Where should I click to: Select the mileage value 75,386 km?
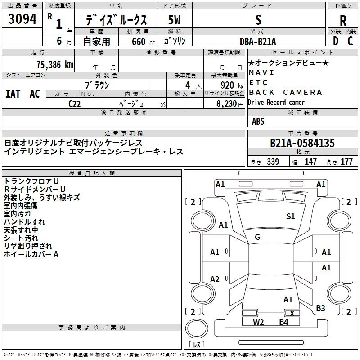[x=54, y=64]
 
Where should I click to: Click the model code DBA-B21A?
[x=258, y=41]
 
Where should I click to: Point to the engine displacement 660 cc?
[x=135, y=41]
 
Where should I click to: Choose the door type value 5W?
[x=175, y=20]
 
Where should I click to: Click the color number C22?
[x=75, y=103]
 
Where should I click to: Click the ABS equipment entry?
[x=258, y=121]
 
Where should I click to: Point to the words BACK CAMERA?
[x=285, y=92]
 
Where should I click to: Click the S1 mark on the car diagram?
[x=291, y=216]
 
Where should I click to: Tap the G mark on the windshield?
[x=257, y=237]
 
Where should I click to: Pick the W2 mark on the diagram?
[x=258, y=322]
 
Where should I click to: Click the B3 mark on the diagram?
[x=320, y=308]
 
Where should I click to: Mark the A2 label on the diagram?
[x=215, y=279]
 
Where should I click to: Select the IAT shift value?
[x=13, y=94]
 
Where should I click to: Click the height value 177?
[x=347, y=162]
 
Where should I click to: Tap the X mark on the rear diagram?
[x=292, y=313]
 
